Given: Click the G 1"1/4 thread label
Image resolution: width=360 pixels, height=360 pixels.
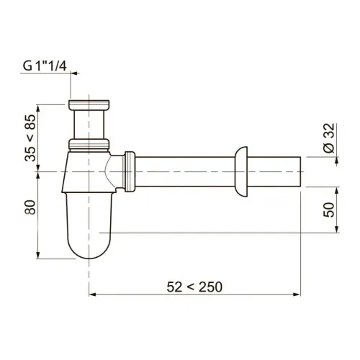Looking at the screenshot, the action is tap(45, 66).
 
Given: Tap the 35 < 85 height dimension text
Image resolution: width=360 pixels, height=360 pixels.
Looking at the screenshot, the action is tap(30, 138).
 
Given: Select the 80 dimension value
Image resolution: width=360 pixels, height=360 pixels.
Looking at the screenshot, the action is tap(30, 207).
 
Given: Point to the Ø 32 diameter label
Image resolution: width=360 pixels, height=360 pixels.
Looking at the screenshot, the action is tap(328, 138).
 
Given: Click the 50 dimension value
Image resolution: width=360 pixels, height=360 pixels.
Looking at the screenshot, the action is tap(328, 210).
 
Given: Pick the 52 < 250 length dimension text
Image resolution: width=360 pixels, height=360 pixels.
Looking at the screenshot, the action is tap(194, 287).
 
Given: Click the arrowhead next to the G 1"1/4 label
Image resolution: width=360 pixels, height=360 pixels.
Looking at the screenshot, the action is tap(75, 73).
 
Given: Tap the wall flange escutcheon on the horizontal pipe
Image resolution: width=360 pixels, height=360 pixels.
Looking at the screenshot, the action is tap(241, 171).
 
